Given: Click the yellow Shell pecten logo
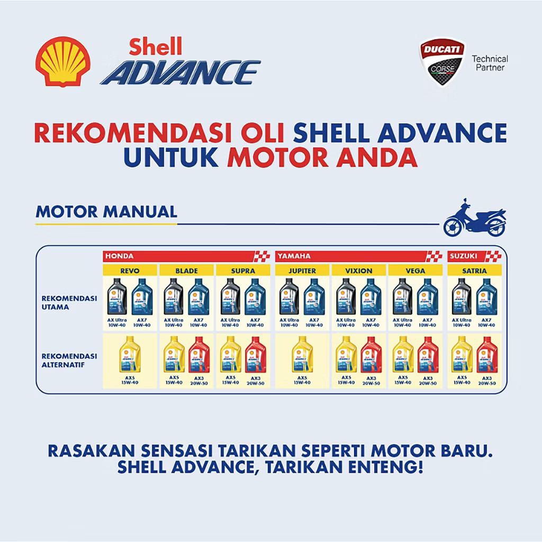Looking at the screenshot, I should coord(62,61).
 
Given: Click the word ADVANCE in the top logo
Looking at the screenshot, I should coord(180,72).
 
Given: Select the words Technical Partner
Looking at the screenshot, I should coord(490,63).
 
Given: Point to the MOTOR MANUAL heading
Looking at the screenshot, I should coord(106,212).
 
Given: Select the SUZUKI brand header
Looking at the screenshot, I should coord(464,256).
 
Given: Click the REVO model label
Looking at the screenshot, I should coord(130,270).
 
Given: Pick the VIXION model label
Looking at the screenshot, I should coord(359,270).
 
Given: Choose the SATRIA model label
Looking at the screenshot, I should coord(473,270).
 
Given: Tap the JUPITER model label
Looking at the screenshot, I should coord(302,270).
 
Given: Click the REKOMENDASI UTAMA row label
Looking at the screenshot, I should coord(69,302).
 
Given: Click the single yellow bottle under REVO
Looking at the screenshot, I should coord(130,355).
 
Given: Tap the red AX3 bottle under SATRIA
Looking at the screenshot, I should coord(486,355).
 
